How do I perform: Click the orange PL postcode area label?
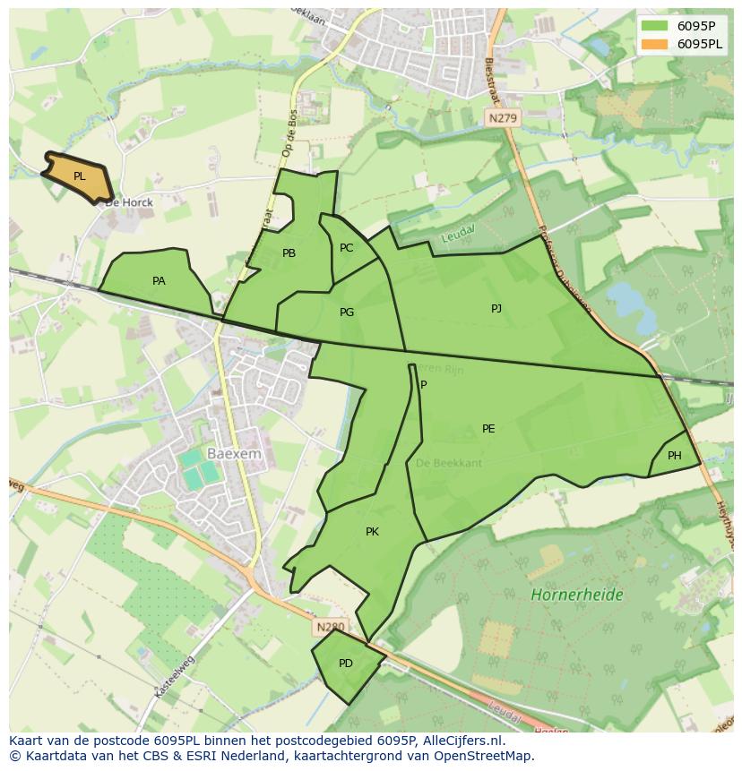80,176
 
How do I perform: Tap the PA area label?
159,281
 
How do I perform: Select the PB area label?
289,253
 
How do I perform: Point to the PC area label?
346,248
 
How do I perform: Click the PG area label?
347,313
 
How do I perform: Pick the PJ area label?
496,309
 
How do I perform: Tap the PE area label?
488,429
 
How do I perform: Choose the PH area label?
675,456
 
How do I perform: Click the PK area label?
372,532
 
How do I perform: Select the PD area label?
346,664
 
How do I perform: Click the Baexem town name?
234,454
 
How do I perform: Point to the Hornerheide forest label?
576,595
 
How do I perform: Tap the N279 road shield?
504,117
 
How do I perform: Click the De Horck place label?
129,202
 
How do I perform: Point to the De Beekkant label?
449,463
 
